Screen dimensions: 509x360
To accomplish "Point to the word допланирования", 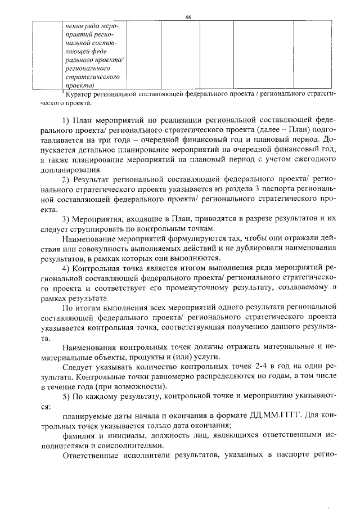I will coord(71,169).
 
